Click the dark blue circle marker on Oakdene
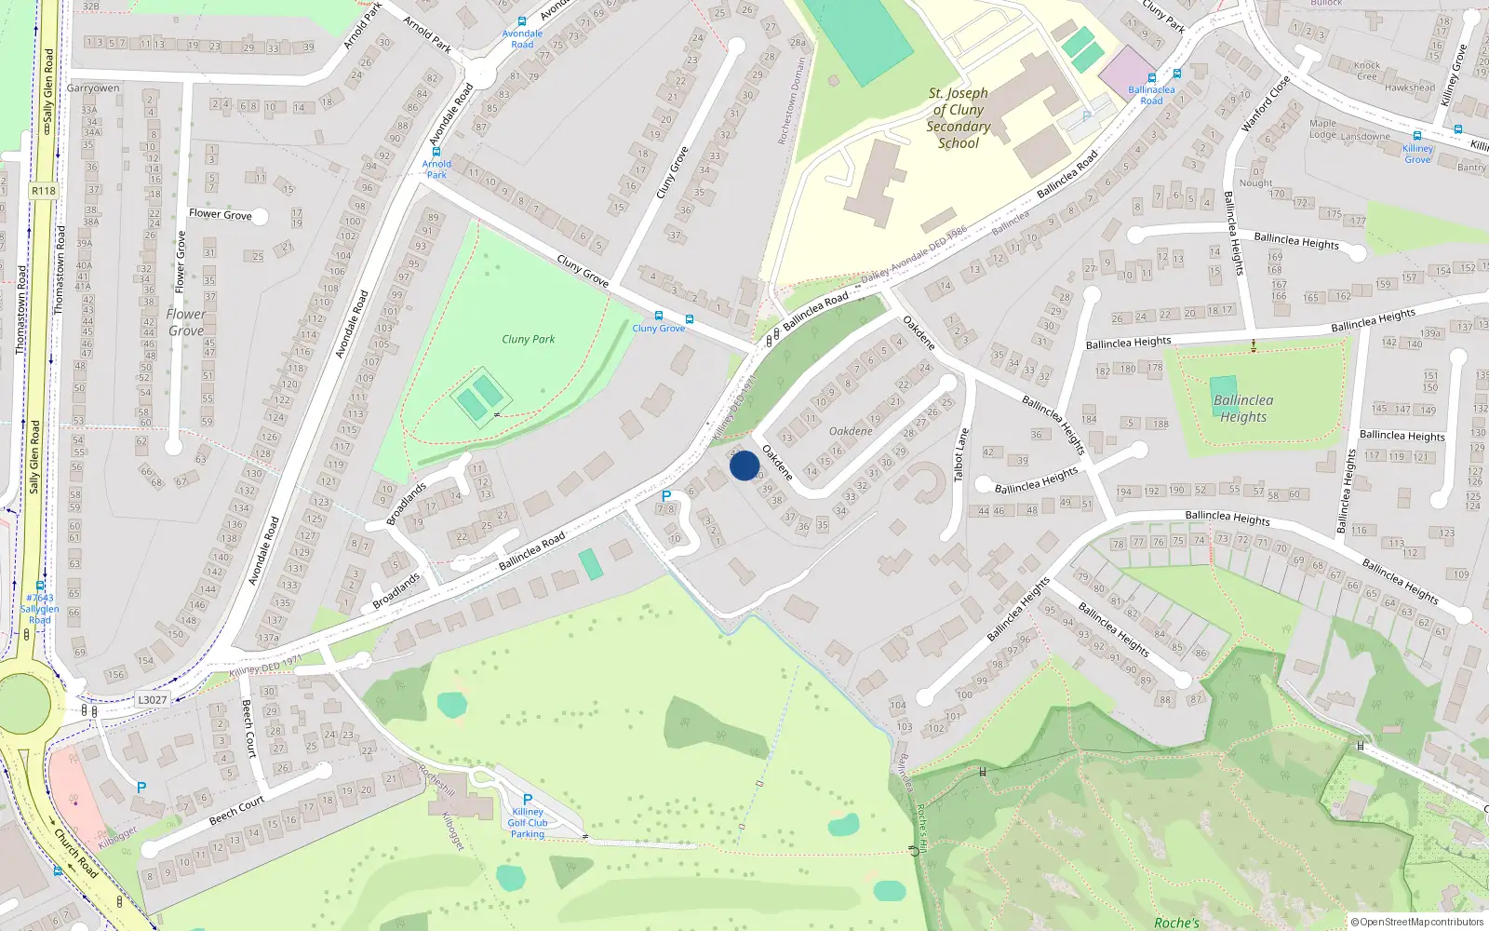744,465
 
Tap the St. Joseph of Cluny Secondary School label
959,118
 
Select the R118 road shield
44,191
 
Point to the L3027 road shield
152,700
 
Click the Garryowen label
93,88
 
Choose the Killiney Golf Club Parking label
528,823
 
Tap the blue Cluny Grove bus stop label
659,329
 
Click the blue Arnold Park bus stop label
436,169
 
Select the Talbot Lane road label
961,455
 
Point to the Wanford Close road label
1266,103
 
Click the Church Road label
75,853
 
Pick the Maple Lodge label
1322,128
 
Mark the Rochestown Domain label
791,101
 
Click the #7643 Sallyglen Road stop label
40,609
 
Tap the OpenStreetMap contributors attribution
1416,923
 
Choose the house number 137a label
268,639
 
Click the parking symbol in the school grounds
1086,117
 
